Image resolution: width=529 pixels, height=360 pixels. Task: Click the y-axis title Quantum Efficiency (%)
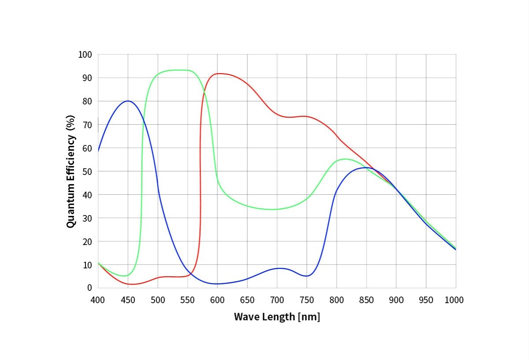(x=71, y=171)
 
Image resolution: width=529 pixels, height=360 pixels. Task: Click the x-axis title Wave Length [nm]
(x=277, y=316)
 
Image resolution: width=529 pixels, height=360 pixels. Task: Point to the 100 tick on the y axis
(x=86, y=55)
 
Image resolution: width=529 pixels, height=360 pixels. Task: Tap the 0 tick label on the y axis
(x=89, y=288)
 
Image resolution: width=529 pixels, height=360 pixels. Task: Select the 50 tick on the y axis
(x=87, y=171)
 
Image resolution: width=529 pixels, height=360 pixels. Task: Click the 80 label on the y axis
(x=87, y=101)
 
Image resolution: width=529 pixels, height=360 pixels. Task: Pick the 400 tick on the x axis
(x=98, y=300)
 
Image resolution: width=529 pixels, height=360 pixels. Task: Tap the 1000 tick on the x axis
(x=454, y=300)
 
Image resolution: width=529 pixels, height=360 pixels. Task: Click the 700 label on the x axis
(x=277, y=300)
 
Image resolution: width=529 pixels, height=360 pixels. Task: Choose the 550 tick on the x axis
(x=187, y=300)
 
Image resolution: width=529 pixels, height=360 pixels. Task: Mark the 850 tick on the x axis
(x=366, y=300)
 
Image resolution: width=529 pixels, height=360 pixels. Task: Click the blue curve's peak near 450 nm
(x=128, y=101)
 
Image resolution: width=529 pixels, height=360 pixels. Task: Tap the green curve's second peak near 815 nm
(x=345, y=159)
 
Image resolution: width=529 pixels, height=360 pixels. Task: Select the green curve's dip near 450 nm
(x=126, y=276)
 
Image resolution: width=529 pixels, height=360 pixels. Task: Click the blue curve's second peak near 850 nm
(x=366, y=167)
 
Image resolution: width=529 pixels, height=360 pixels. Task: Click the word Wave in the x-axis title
(x=246, y=316)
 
